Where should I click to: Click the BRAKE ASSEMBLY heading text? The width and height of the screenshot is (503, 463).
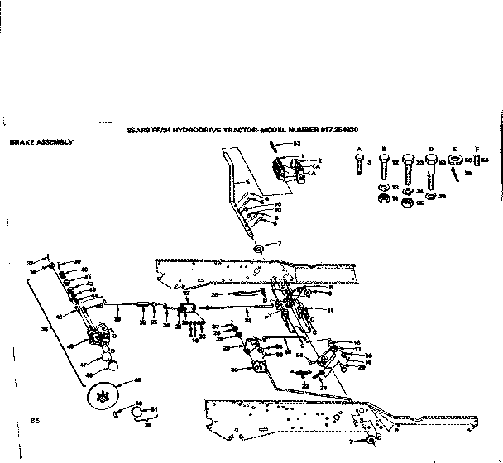[x=41, y=142]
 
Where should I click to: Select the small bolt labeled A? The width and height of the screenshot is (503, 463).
[x=358, y=165]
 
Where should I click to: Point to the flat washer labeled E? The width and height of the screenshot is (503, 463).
[x=456, y=160]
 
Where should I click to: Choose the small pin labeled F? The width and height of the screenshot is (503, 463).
[x=477, y=160]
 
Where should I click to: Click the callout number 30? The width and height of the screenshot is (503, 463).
[x=235, y=369]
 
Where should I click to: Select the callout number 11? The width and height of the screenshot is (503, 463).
[x=329, y=309]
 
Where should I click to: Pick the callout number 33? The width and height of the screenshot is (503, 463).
[x=186, y=293]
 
